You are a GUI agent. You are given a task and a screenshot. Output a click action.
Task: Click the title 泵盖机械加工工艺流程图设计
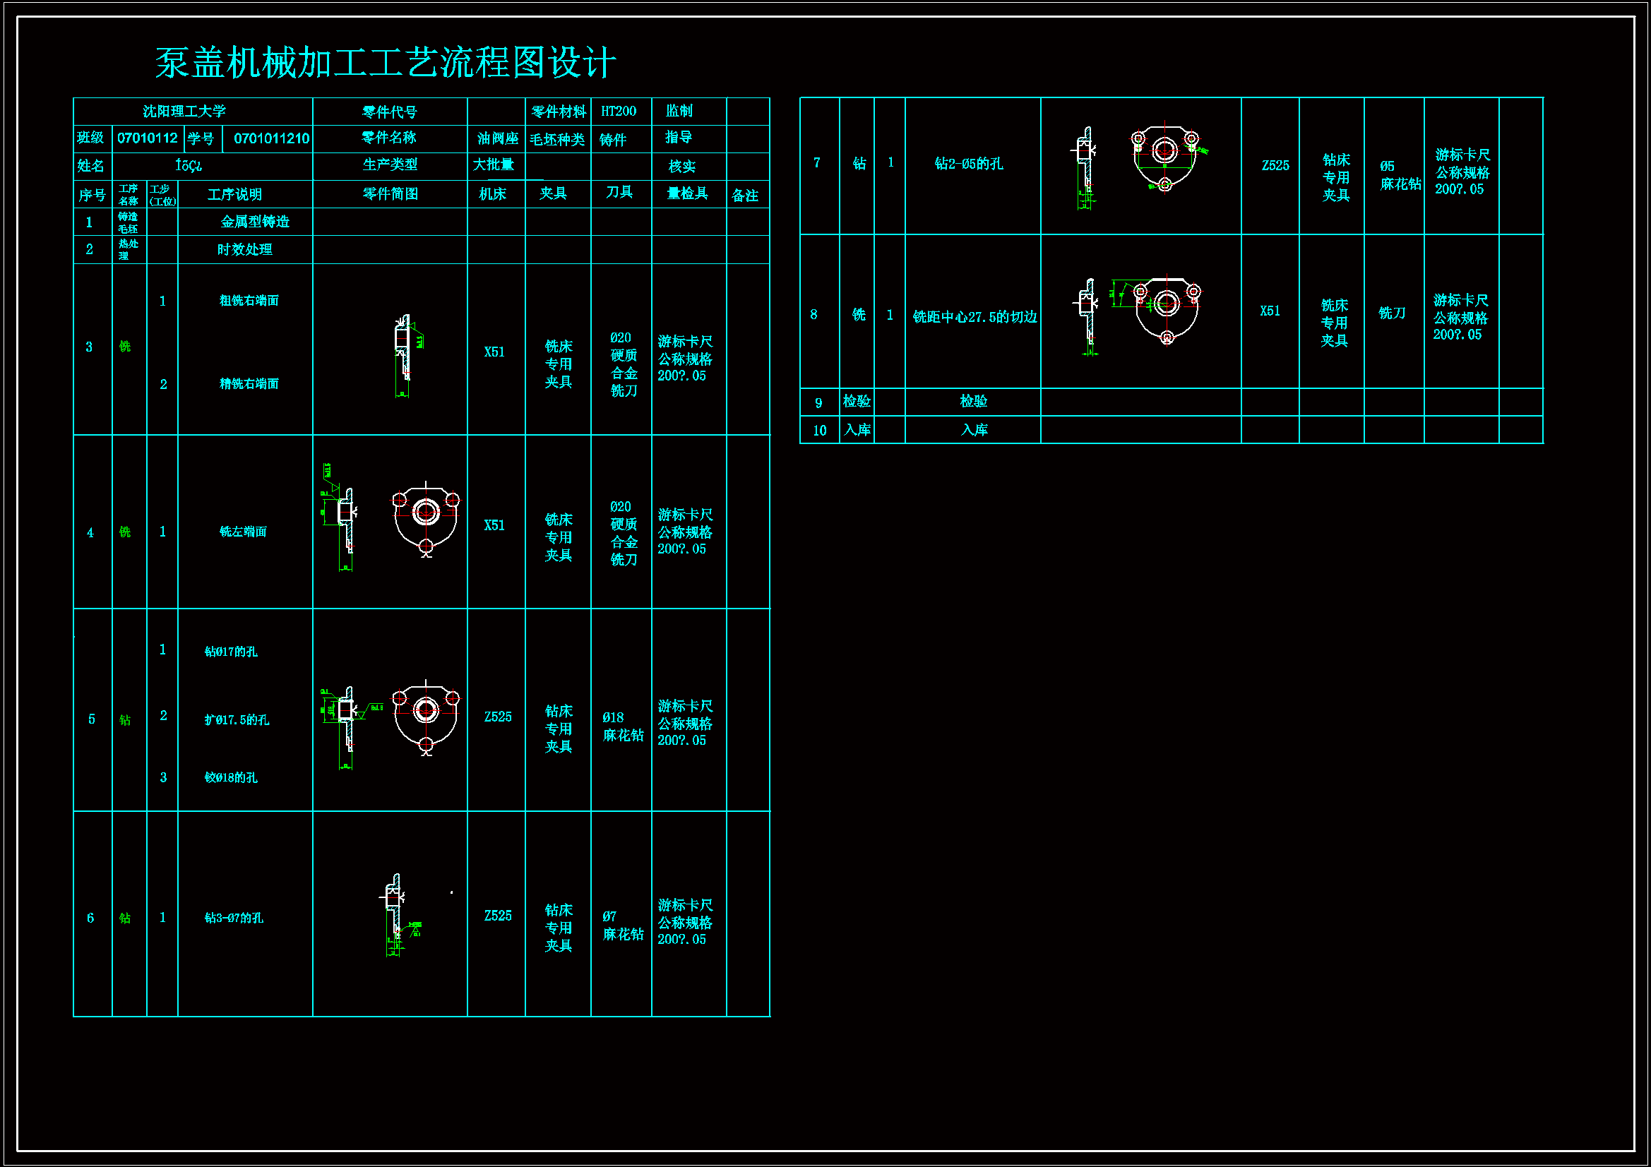tap(386, 63)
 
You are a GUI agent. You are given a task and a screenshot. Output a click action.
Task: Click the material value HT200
tap(619, 112)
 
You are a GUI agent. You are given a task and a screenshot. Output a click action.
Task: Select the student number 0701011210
tap(271, 138)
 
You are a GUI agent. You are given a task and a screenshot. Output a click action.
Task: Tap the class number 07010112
tap(147, 138)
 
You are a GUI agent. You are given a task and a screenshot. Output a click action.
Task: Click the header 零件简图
tap(390, 194)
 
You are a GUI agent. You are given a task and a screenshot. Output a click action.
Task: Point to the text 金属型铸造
tap(254, 222)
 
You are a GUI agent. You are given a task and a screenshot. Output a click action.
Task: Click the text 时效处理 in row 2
tap(244, 249)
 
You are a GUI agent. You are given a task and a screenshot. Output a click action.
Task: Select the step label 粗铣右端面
tap(249, 301)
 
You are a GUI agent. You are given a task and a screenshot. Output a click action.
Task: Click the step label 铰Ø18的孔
tap(231, 777)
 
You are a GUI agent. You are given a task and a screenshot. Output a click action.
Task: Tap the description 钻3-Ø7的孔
tap(234, 918)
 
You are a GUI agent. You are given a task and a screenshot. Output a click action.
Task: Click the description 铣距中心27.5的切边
tap(974, 317)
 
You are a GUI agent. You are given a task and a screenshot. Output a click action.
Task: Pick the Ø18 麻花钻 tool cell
tap(623, 726)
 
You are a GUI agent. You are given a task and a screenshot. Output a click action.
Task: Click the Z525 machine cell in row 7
tap(1275, 165)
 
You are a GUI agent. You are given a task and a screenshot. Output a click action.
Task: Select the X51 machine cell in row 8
tap(1270, 311)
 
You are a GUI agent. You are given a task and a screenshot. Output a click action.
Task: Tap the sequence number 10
tap(819, 431)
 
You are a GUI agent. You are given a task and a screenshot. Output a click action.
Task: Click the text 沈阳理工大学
tap(184, 112)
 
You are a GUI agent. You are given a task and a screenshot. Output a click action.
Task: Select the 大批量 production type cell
tap(494, 165)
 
